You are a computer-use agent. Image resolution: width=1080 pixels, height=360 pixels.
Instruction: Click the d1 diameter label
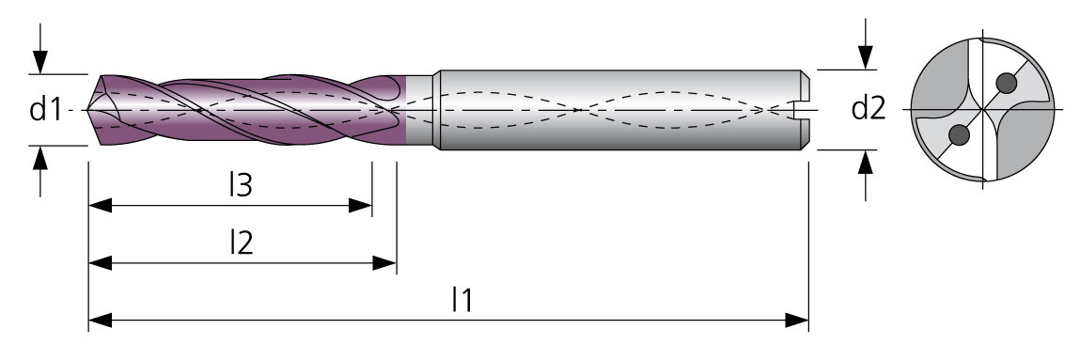pyautogui.click(x=45, y=109)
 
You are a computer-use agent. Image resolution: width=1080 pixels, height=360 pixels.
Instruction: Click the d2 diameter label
pyautogui.click(x=868, y=109)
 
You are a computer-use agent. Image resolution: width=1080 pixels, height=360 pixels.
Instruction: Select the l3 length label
pyautogui.click(x=241, y=185)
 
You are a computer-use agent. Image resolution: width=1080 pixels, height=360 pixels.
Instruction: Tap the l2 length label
pyautogui.click(x=241, y=243)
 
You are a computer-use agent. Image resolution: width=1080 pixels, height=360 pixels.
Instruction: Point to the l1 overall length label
pyautogui.click(x=462, y=300)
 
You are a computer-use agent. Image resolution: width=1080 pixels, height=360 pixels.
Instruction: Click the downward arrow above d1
pyautogui.click(x=40, y=48)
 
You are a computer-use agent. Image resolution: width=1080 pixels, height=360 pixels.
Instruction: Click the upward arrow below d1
pyautogui.click(x=40, y=171)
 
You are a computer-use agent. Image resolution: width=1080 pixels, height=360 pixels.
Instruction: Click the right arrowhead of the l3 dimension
pyautogui.click(x=360, y=205)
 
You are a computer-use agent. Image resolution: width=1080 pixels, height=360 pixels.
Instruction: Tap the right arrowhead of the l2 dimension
pyautogui.click(x=384, y=263)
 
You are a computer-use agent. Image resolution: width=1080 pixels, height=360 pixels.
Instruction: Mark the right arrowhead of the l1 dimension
pyautogui.click(x=796, y=321)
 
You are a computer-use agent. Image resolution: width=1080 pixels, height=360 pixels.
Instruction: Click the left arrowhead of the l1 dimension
pyautogui.click(x=101, y=321)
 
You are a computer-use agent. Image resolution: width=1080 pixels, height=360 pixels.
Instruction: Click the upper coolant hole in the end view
pyautogui.click(x=1007, y=84)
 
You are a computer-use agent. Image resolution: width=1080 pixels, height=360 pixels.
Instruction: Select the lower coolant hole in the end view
pyautogui.click(x=959, y=135)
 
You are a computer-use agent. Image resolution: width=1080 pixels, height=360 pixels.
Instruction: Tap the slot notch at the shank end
pyautogui.click(x=802, y=109)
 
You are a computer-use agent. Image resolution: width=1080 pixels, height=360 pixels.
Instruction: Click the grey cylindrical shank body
pyautogui.click(x=620, y=109)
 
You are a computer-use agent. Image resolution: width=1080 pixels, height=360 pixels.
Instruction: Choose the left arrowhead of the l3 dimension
pyautogui.click(x=101, y=205)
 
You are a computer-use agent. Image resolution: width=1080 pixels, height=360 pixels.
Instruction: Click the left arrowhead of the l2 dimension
pyautogui.click(x=101, y=263)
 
